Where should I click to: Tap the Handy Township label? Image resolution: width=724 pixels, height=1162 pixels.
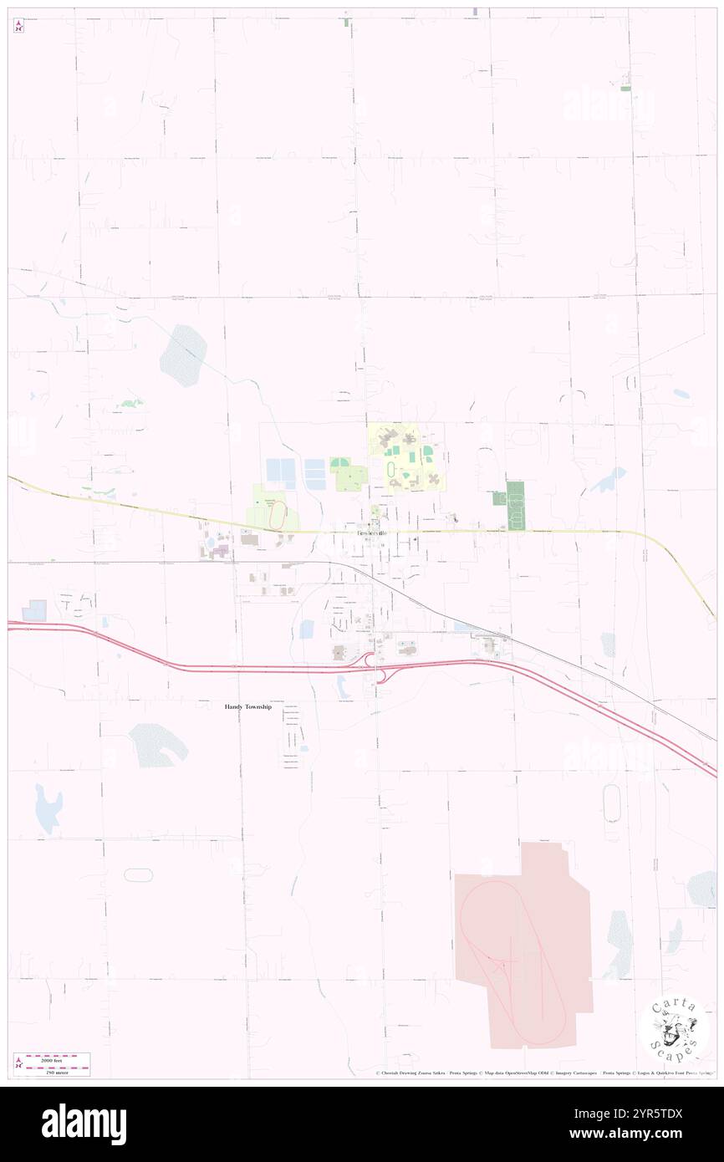248,706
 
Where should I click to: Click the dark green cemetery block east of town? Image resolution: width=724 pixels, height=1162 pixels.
515,505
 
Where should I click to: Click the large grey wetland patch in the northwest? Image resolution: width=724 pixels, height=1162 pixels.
184,355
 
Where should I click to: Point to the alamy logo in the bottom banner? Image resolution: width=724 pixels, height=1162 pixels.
84,1124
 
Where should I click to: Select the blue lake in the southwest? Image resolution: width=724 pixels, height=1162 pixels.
48,808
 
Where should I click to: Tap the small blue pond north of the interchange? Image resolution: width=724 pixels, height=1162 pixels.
306,629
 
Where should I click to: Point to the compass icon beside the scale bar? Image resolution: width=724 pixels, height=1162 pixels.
18,1063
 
